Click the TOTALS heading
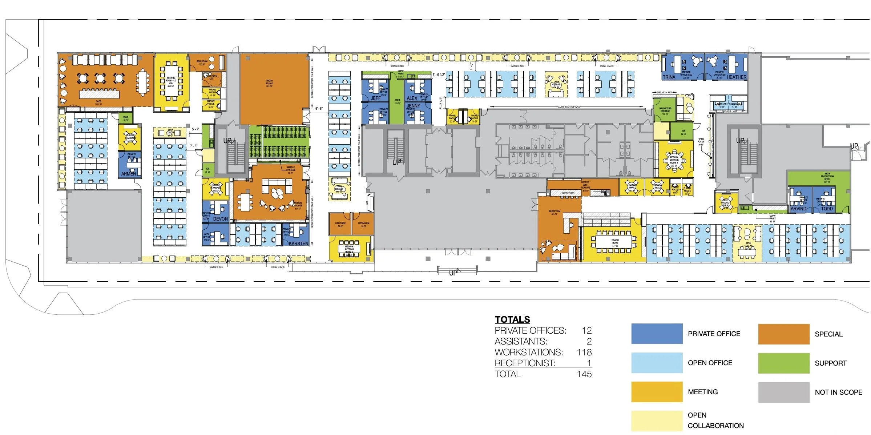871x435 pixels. coord(512,319)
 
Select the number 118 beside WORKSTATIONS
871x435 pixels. coord(584,352)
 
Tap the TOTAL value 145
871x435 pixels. coord(584,374)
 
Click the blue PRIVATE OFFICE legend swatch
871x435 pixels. coord(657,334)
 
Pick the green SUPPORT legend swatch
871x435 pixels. coord(783,363)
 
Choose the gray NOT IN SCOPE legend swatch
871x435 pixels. coord(783,392)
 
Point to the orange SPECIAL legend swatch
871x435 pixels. coord(783,334)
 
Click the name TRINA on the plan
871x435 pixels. coord(669,77)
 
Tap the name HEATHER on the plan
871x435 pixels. coord(736,77)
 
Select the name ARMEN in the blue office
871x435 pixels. coord(129,174)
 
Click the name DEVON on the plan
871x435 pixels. coord(220,219)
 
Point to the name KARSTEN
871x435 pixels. coord(298,243)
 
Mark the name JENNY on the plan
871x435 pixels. coord(414,106)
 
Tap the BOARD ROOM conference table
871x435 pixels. coord(615,243)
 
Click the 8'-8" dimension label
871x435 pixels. coord(319,109)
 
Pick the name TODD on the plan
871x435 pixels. coord(827,209)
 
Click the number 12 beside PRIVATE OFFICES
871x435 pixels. coord(586,330)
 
